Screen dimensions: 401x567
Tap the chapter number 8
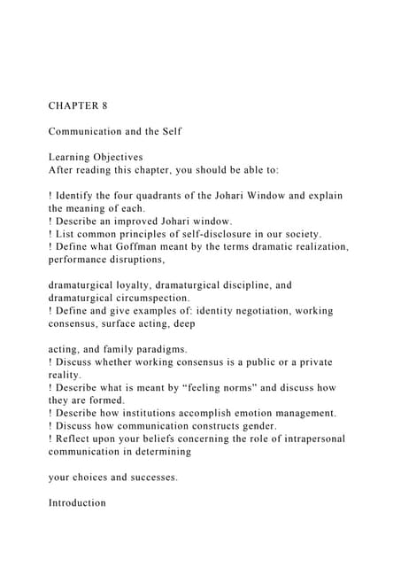(104, 105)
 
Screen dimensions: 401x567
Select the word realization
(317, 247)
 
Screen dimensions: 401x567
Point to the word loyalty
(138, 286)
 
